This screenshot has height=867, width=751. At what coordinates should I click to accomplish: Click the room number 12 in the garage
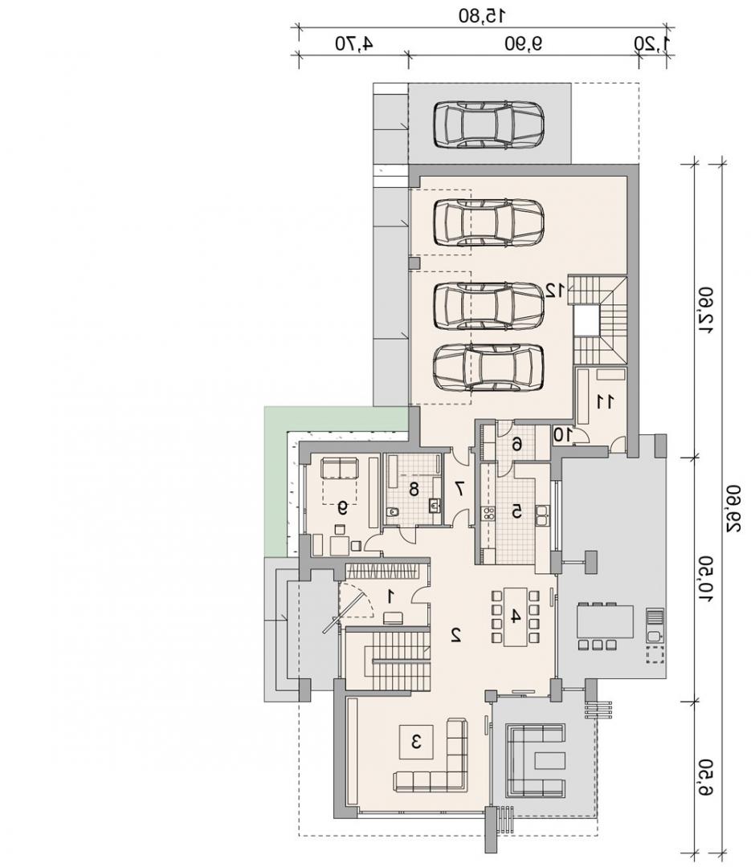(x=555, y=290)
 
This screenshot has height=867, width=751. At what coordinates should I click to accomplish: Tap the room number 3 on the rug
(x=417, y=741)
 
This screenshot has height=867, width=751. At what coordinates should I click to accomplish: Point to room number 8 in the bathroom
(x=414, y=489)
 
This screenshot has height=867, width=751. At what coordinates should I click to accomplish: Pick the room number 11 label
(x=604, y=402)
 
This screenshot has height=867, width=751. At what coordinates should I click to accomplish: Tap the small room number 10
(x=563, y=435)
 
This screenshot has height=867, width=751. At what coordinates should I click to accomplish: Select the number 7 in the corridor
(x=459, y=488)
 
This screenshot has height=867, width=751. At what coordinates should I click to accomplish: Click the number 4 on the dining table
(x=515, y=616)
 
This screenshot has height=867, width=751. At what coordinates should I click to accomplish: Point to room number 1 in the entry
(x=391, y=596)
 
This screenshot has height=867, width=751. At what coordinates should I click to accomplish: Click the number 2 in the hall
(x=456, y=635)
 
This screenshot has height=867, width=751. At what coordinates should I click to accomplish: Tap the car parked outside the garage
(x=488, y=124)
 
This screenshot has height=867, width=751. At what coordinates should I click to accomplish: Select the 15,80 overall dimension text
(x=481, y=16)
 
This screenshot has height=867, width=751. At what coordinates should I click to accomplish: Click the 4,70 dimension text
(x=353, y=43)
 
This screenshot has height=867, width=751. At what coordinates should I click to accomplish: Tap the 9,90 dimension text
(x=522, y=43)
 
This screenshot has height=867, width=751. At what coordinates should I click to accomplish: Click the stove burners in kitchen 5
(x=488, y=512)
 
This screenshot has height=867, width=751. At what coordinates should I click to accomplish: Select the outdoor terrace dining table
(x=605, y=621)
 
